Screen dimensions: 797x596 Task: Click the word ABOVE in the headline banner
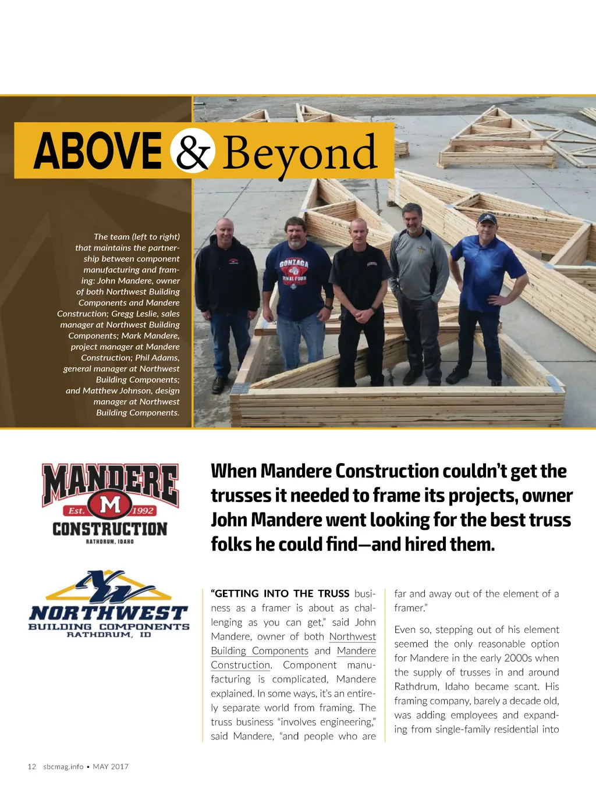[97, 151]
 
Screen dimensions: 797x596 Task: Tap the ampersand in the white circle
[193, 151]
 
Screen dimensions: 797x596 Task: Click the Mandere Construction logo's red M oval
[110, 504]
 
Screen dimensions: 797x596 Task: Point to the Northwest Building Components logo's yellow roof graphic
[109, 588]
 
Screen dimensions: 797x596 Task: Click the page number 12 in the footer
[32, 767]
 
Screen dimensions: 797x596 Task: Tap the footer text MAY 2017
[111, 767]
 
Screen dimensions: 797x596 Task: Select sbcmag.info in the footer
[63, 767]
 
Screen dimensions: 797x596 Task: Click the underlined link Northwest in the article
[352, 636]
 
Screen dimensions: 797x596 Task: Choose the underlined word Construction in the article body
[240, 665]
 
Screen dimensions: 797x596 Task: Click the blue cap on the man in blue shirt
[487, 219]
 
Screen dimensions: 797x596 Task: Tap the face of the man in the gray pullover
[412, 218]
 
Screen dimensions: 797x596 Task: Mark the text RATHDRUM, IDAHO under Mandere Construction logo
[110, 542]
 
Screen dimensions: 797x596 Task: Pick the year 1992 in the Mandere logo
[143, 511]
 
